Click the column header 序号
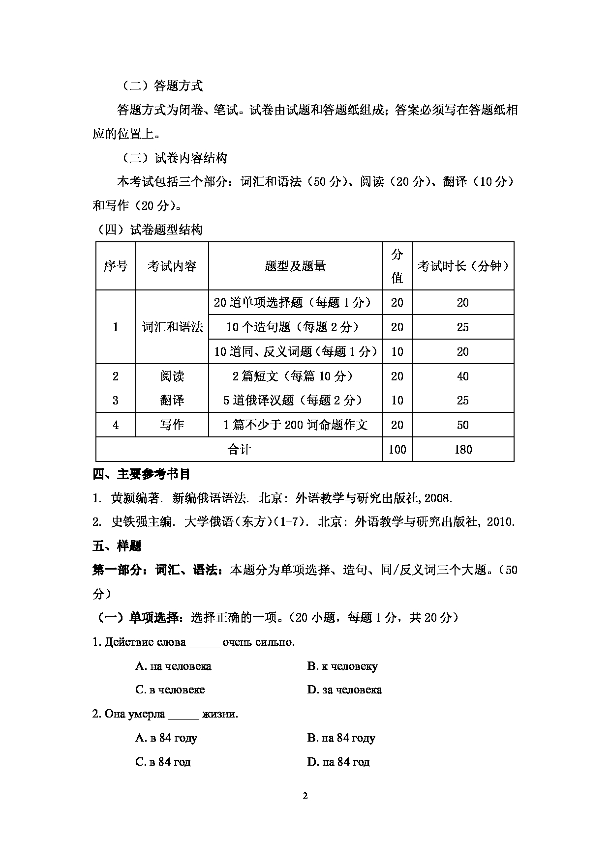[116, 266]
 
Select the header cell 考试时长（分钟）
[462, 266]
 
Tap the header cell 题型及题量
[295, 266]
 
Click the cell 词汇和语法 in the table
[172, 327]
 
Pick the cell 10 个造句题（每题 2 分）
[295, 327]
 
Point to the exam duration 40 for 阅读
[462, 376]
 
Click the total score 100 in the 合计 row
[397, 449]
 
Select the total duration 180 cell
[462, 449]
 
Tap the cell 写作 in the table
[172, 425]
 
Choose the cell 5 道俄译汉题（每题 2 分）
[295, 401]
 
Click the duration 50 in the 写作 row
[462, 425]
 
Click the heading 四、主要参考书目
[142, 474]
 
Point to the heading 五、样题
[117, 546]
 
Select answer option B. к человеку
[342, 666]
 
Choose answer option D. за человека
[344, 690]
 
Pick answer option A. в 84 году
[166, 738]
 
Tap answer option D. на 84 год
[338, 762]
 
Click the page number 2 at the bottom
[305, 796]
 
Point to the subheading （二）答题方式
[161, 86]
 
